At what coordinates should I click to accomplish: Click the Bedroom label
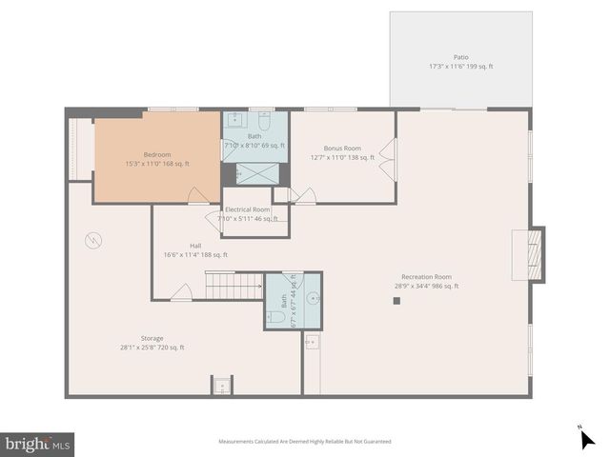pos(157,158)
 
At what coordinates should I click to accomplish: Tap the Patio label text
pos(460,62)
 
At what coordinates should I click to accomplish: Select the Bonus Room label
pos(342,152)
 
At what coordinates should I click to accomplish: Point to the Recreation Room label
pos(426,281)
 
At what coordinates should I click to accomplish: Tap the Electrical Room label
pos(248,213)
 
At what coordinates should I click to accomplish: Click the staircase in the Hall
pos(234,283)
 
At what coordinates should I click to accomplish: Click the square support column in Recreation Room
pos(397,301)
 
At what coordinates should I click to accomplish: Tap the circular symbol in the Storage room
pos(92,240)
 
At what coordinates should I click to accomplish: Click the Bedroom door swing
pos(198,195)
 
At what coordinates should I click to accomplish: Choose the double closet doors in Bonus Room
pos(387,159)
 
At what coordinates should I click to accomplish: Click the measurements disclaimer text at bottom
pos(305,441)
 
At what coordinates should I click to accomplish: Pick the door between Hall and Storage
pos(181,297)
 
